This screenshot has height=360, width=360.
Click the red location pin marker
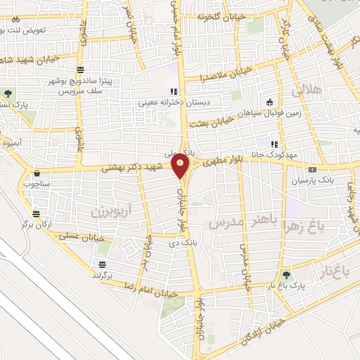click(x=181, y=167)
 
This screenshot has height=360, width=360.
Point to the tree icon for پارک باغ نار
click(x=285, y=276)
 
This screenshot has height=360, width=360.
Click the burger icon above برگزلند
click(x=103, y=264)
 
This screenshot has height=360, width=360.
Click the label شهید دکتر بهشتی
click(x=134, y=168)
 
